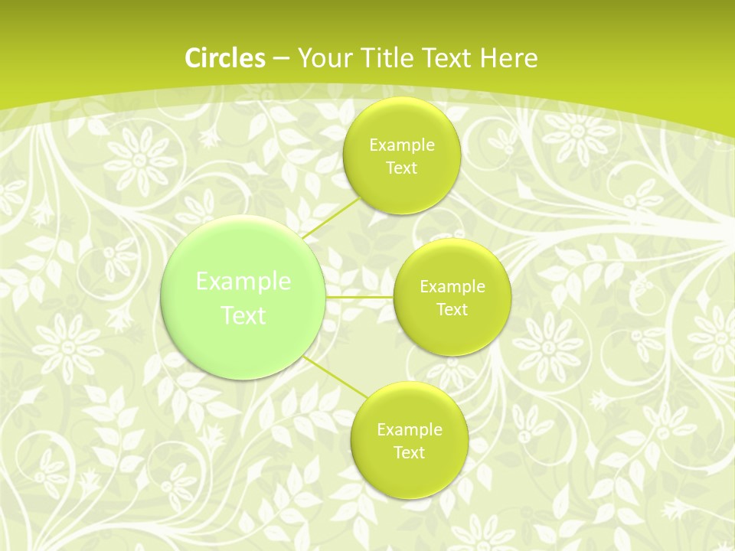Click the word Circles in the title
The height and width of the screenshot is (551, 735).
(x=225, y=58)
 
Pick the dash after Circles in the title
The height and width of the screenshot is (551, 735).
(x=280, y=59)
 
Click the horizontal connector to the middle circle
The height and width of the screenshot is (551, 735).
(x=359, y=297)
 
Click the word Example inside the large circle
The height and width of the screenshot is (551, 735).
(x=243, y=282)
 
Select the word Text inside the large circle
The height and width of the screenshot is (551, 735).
(x=243, y=315)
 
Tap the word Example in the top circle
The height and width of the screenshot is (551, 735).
(x=402, y=145)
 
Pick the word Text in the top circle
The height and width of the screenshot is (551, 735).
(x=401, y=168)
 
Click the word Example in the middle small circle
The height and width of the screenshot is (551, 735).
(x=452, y=286)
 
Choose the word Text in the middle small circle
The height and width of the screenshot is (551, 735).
(x=452, y=309)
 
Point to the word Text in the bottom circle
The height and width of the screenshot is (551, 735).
(x=409, y=452)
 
